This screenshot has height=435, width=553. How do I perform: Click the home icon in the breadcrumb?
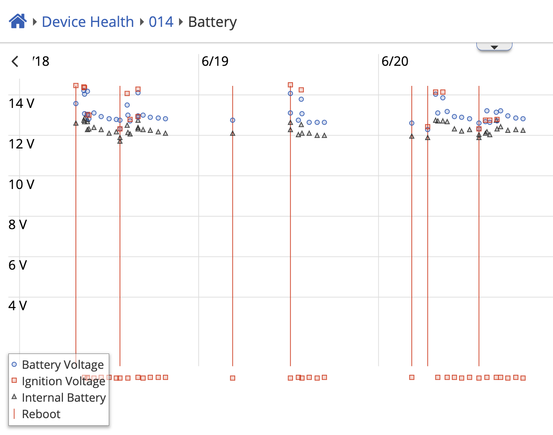[18, 21]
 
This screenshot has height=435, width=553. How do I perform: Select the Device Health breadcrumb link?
[88, 22]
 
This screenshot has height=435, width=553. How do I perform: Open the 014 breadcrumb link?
[161, 22]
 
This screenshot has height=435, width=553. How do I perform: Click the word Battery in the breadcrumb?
[212, 22]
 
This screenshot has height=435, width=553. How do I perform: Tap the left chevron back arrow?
[15, 61]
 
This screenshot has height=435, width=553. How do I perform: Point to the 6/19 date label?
[215, 61]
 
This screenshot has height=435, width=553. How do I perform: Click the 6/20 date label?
[395, 61]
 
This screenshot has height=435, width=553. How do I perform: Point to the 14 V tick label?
[22, 104]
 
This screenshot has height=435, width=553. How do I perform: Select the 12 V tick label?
[22, 144]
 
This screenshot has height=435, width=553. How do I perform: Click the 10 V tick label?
[22, 185]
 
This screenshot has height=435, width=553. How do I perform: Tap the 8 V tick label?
[18, 225]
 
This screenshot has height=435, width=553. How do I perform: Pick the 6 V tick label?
[18, 265]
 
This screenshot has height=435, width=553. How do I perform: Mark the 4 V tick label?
[18, 306]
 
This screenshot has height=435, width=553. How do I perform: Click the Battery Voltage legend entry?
[63, 364]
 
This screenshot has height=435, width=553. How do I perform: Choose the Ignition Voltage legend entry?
[63, 381]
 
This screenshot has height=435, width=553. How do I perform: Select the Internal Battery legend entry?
[63, 397]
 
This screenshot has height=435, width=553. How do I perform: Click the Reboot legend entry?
[41, 414]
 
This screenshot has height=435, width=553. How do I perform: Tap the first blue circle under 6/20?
[412, 123]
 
